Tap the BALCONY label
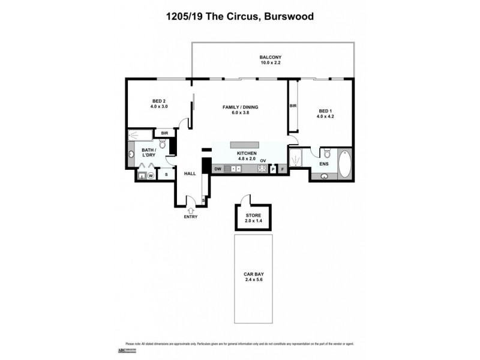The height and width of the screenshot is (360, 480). [x=271, y=57]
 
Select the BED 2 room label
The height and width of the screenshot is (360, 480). [x=158, y=101]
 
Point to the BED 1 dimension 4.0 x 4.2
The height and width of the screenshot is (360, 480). [x=325, y=117]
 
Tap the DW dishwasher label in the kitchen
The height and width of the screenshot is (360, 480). [x=218, y=169]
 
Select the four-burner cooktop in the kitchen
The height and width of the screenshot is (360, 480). [x=262, y=169]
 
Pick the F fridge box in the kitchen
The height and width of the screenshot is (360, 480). [x=281, y=170]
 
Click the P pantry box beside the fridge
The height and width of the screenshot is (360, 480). [x=272, y=170]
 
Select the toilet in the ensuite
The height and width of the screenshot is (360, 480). [x=327, y=154]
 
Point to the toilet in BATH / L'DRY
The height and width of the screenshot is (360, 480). [x=163, y=145]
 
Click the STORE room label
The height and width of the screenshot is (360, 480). [x=253, y=214]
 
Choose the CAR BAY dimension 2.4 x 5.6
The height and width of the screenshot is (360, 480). [x=253, y=279]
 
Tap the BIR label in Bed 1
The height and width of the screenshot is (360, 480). [x=293, y=106]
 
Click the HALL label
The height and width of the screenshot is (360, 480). [x=190, y=173]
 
